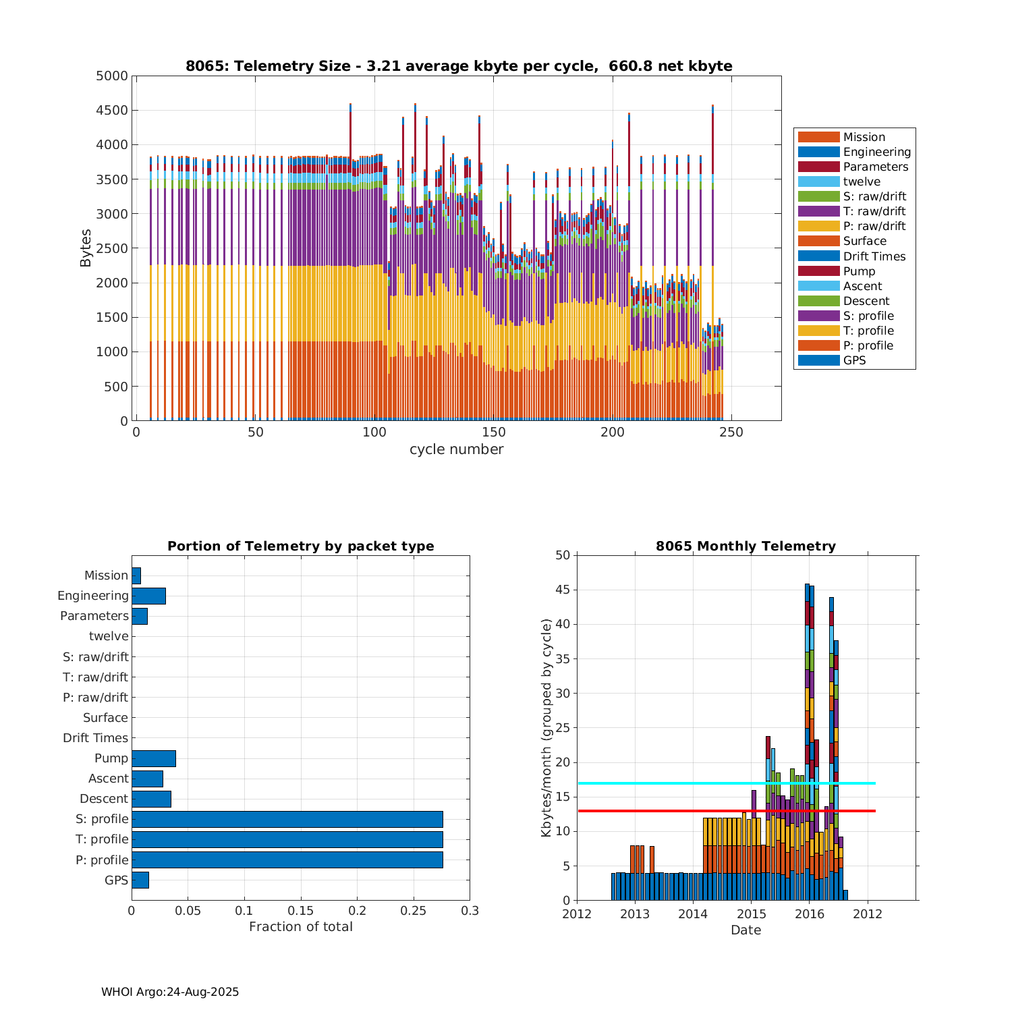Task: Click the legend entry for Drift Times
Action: pyautogui.click(x=874, y=256)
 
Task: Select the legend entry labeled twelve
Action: pyautogui.click(x=862, y=181)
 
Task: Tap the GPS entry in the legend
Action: pyautogui.click(x=854, y=360)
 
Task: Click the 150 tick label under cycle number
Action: pyautogui.click(x=493, y=432)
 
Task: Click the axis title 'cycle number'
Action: pyautogui.click(x=456, y=449)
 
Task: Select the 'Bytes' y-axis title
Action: pyautogui.click(x=86, y=248)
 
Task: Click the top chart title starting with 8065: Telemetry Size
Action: pyautogui.click(x=459, y=66)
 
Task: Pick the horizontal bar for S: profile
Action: pyautogui.click(x=287, y=819)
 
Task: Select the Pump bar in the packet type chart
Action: pyautogui.click(x=153, y=758)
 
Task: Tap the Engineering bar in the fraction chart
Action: pyautogui.click(x=148, y=596)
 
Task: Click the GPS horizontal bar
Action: pyautogui.click(x=140, y=880)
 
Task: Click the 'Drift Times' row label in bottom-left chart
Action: pyautogui.click(x=95, y=738)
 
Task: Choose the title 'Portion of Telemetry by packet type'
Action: pyautogui.click(x=300, y=546)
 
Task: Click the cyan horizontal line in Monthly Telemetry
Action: pyautogui.click(x=675, y=783)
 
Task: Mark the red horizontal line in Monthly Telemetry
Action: pyautogui.click(x=675, y=811)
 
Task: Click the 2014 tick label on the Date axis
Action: pyautogui.click(x=693, y=914)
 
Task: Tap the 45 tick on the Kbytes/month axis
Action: pyautogui.click(x=563, y=590)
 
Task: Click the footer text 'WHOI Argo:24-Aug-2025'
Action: pyautogui.click(x=170, y=992)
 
